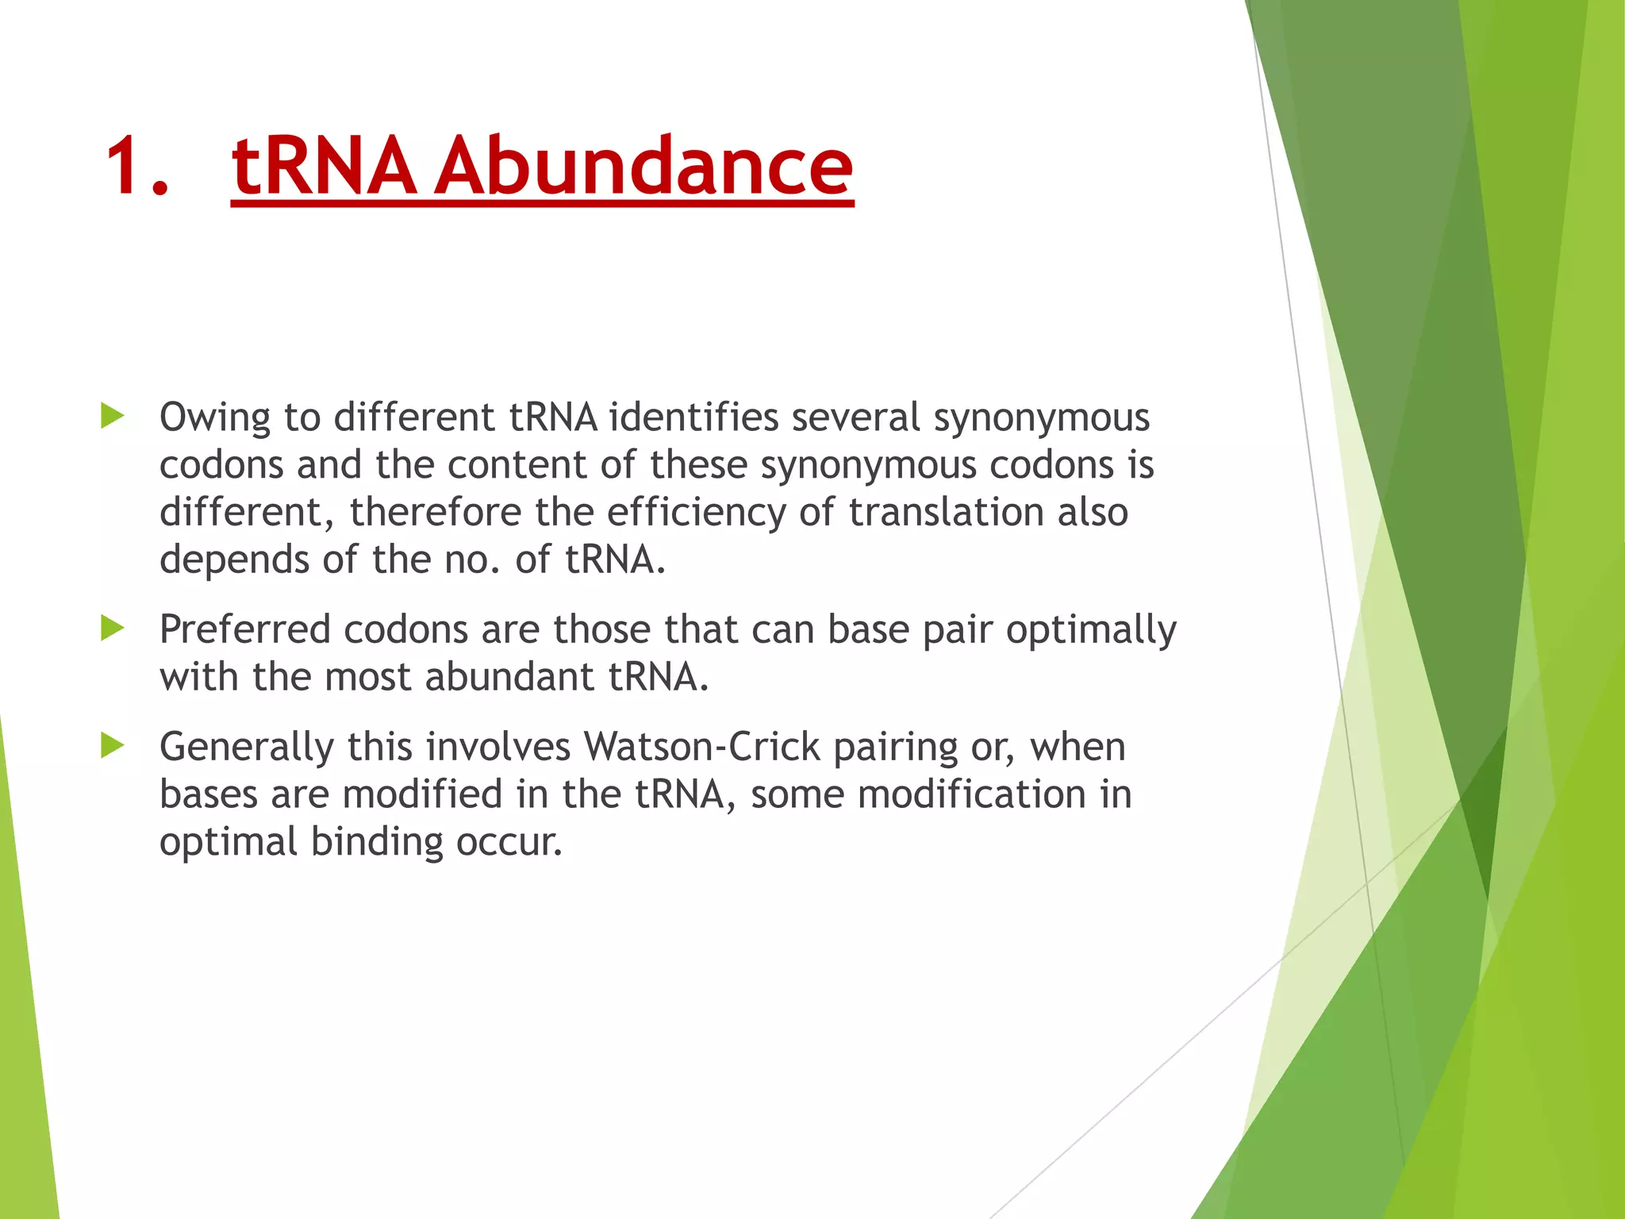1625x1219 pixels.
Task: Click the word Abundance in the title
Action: (x=644, y=167)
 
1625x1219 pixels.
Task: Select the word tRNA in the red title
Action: (x=324, y=167)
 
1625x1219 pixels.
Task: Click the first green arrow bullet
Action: (x=113, y=415)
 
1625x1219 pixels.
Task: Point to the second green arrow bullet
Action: (x=113, y=629)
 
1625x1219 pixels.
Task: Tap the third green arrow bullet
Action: (x=113, y=746)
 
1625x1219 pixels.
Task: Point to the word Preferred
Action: (x=244, y=629)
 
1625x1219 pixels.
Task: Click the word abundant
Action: (x=509, y=677)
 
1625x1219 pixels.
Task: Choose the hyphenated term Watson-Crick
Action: (x=701, y=747)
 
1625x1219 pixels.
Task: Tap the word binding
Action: (x=376, y=843)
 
